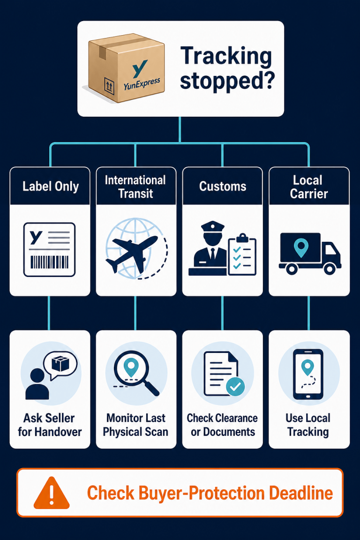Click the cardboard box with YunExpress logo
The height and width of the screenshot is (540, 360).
[127, 68]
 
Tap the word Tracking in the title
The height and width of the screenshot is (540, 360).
[226, 56]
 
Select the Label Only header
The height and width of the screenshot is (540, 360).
[50, 186]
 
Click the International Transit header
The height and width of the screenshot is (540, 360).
[136, 186]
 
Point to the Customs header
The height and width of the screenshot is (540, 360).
[223, 186]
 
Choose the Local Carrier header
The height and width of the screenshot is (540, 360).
[308, 186]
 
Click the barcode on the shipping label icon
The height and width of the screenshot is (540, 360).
[50, 262]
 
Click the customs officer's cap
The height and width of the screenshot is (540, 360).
[212, 227]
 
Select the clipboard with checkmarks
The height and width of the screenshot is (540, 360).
[242, 255]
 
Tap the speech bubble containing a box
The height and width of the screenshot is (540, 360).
[60, 365]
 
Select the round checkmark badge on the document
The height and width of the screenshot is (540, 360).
[236, 387]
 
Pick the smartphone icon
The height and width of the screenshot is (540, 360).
[308, 375]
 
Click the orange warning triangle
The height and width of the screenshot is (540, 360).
[52, 493]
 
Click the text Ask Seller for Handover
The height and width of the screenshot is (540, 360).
[50, 425]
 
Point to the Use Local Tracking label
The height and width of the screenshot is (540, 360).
[308, 425]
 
